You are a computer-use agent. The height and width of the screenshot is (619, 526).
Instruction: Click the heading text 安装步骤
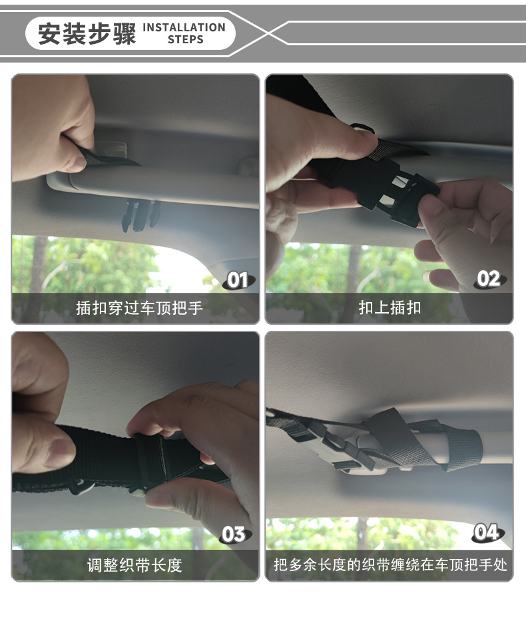87,34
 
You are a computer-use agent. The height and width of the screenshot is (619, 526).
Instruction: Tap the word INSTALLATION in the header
184,27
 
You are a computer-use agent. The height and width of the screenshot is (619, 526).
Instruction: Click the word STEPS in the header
185,39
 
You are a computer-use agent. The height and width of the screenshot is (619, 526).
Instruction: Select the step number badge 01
237,280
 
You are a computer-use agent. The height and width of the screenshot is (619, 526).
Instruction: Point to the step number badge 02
489,279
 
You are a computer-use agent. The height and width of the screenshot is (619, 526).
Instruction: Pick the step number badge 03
234,534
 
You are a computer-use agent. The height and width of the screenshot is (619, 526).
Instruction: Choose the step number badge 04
487,532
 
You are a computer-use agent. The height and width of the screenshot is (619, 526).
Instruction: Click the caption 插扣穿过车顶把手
139,308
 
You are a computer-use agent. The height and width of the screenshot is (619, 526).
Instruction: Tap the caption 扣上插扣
390,308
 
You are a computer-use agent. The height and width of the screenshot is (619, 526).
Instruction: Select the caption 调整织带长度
134,566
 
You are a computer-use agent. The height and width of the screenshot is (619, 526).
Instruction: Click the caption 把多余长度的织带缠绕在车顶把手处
390,566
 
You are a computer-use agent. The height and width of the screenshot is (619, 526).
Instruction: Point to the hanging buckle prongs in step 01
139,214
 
